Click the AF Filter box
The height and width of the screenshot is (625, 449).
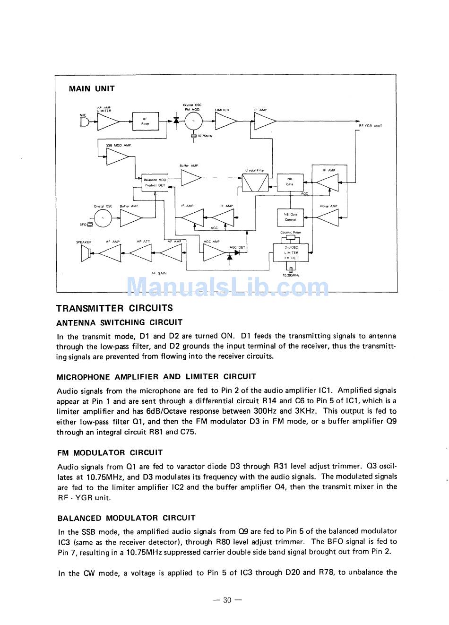tap(146, 122)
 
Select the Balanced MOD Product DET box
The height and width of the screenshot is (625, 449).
tap(155, 182)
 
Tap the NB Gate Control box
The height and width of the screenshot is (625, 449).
tap(290, 217)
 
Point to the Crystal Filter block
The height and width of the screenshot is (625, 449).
tap(255, 182)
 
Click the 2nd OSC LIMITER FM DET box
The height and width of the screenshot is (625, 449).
tap(291, 252)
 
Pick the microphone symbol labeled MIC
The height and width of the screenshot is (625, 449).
tap(84, 122)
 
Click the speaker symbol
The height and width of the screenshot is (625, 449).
tap(86, 254)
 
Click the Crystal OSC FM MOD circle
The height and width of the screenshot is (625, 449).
tap(193, 122)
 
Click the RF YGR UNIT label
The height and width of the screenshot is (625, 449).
tap(370, 126)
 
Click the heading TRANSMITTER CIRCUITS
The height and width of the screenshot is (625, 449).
tap(114, 308)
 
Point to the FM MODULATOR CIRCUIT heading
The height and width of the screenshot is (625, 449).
tap(110, 452)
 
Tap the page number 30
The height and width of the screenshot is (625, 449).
tap(227, 600)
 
